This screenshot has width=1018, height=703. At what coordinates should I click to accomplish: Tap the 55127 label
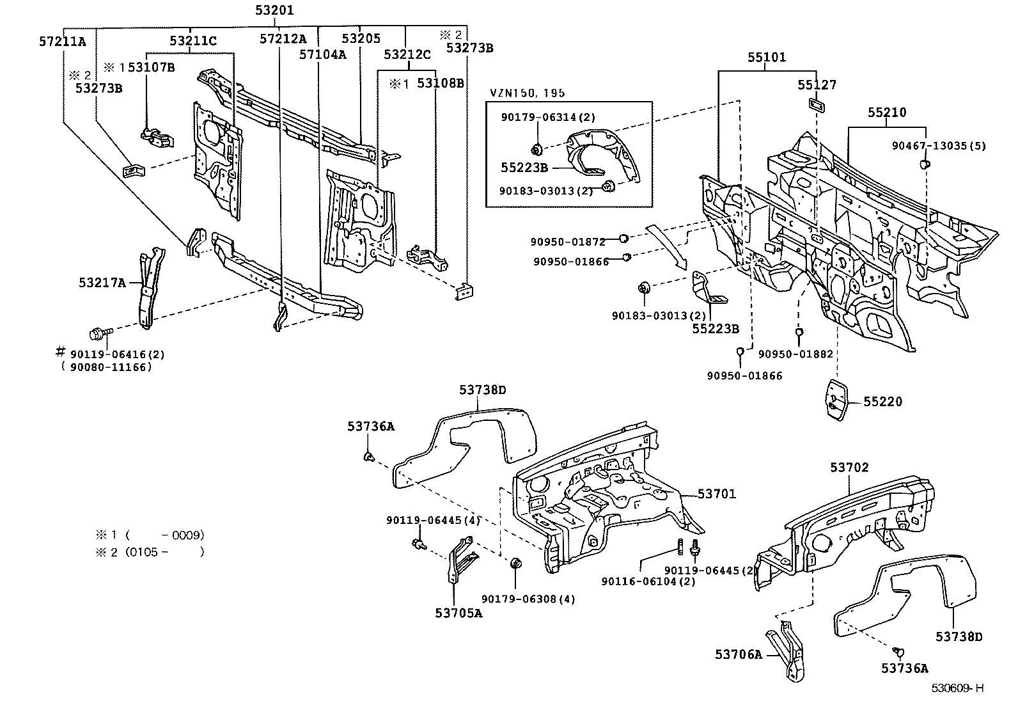(817, 84)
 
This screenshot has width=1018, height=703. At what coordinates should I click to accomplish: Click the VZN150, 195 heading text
(528, 93)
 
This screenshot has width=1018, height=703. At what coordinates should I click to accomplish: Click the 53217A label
(102, 282)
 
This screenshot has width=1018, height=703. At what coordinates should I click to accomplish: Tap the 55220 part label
(882, 402)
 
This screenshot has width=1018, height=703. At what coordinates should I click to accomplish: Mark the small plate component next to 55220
(837, 400)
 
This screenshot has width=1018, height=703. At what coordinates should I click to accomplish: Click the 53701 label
(717, 494)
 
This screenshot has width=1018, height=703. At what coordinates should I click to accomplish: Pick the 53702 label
(850, 468)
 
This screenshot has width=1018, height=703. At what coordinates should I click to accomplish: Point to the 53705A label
(458, 613)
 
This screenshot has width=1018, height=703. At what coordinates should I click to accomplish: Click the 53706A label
(739, 654)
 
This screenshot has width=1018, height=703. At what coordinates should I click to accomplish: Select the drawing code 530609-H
(957, 688)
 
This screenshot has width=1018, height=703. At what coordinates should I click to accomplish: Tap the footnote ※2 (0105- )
(150, 551)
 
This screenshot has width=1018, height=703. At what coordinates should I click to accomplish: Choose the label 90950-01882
(795, 354)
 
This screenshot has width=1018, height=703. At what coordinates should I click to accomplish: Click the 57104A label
(322, 54)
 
